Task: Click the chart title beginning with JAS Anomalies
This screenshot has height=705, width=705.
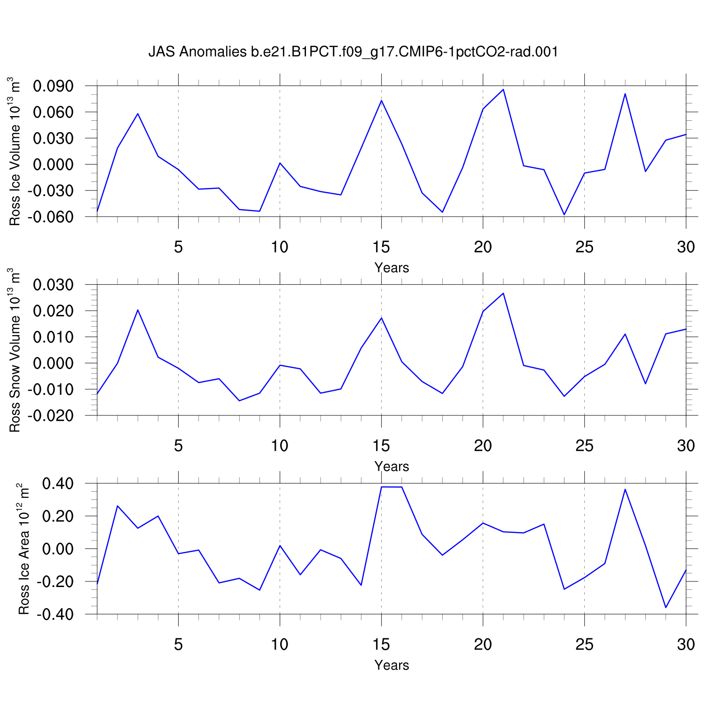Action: pyautogui.click(x=353, y=52)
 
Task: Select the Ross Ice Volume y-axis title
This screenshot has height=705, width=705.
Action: pyautogui.click(x=15, y=151)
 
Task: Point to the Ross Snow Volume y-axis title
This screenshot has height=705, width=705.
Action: pyautogui.click(x=15, y=350)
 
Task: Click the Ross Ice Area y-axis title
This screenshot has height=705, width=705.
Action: pyautogui.click(x=23, y=548)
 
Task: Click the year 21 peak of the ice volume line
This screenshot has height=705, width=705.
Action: pyautogui.click(x=503, y=89)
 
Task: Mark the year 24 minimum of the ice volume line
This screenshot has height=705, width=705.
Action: pyautogui.click(x=564, y=215)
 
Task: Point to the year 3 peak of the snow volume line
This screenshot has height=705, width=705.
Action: pyautogui.click(x=138, y=310)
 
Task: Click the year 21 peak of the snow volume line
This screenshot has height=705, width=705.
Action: pyautogui.click(x=503, y=293)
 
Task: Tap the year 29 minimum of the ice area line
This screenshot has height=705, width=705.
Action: pyautogui.click(x=666, y=608)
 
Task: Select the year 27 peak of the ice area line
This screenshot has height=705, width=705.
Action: pyautogui.click(x=625, y=489)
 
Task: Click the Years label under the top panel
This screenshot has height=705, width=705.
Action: pyautogui.click(x=392, y=268)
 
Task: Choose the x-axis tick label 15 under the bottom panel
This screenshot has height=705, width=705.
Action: pyautogui.click(x=381, y=644)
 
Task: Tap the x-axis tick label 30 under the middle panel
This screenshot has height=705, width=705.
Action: pyautogui.click(x=686, y=445)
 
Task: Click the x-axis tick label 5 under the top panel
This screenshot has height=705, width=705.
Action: pyautogui.click(x=178, y=247)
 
